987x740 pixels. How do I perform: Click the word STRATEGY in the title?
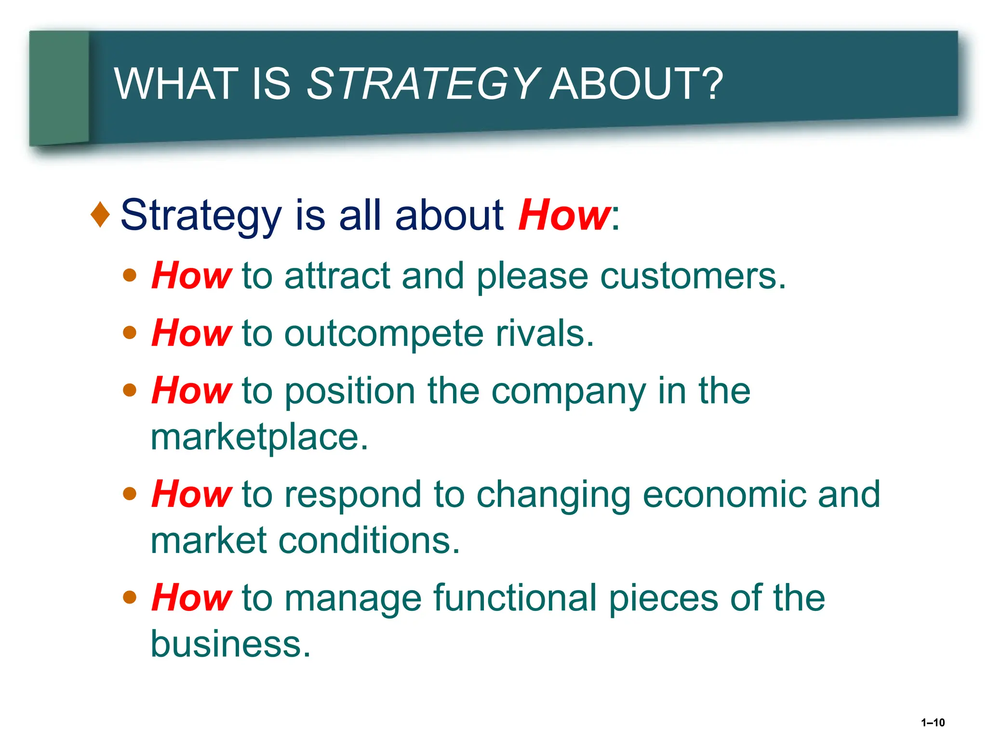pos(422,84)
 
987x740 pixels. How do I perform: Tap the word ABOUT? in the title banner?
pos(636,84)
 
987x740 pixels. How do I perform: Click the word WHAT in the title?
pos(176,84)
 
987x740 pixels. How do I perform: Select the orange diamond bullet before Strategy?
pos(100,214)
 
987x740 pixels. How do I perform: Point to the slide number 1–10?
pos(933,723)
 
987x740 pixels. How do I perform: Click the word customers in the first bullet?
pos(693,277)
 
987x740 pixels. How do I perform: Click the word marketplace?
pos(259,437)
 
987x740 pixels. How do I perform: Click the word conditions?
pos(369,541)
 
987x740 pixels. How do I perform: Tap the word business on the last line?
pos(230,644)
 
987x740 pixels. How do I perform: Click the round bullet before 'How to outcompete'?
pos(130,332)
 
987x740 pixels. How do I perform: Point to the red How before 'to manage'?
pos(191,598)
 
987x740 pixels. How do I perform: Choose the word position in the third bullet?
pos(350,391)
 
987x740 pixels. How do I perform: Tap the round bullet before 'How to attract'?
pos(130,275)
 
